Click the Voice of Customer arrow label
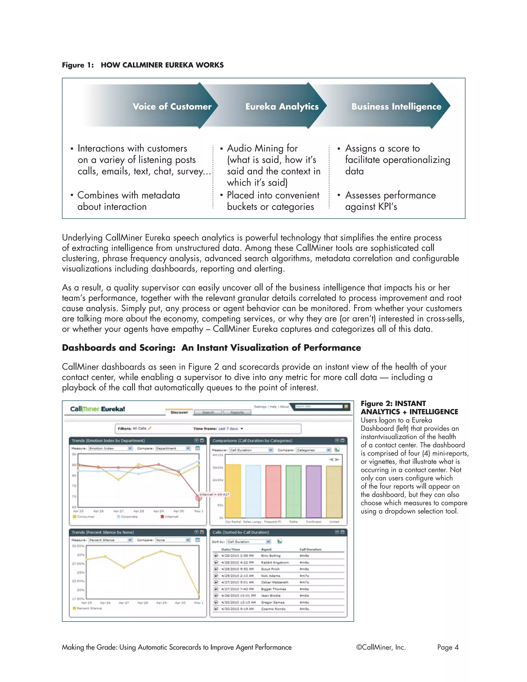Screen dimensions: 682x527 tap(172, 107)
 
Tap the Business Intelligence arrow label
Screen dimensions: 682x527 tap(396, 107)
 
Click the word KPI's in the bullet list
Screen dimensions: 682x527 tap(387, 207)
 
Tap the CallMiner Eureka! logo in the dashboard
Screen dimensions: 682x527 tap(98, 409)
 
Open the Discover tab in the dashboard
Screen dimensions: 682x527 tap(179, 413)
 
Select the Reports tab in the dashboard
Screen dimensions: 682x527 tap(237, 413)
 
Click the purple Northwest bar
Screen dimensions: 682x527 tap(313, 492)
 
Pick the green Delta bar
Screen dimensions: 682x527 tap(293, 492)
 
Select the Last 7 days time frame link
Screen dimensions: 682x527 tap(229, 429)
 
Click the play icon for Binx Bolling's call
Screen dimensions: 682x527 tap(216, 556)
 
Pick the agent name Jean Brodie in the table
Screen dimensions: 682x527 tap(271, 596)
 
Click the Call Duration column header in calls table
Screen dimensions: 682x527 tap(310, 549)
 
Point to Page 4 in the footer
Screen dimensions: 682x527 tap(448, 647)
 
